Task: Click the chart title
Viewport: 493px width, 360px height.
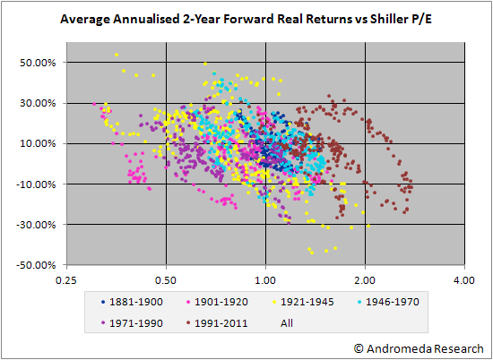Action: (246, 20)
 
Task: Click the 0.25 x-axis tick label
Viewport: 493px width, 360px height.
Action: (66, 280)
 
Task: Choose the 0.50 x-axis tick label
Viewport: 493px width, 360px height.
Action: (166, 280)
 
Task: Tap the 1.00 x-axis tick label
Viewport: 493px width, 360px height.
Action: (265, 280)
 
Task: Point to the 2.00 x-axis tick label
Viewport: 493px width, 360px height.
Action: (365, 280)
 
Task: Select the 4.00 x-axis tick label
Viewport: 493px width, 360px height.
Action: (464, 280)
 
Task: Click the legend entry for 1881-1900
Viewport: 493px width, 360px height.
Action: (132, 302)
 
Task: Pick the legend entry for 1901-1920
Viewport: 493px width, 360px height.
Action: (217, 302)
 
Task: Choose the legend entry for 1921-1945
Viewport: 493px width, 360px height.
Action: (303, 302)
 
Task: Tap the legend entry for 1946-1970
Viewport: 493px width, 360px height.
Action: (388, 302)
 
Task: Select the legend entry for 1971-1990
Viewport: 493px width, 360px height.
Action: (132, 323)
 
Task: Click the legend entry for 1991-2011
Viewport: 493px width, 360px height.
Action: (217, 323)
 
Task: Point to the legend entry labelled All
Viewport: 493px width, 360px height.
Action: (287, 323)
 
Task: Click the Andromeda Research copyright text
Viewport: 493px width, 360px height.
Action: (419, 348)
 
